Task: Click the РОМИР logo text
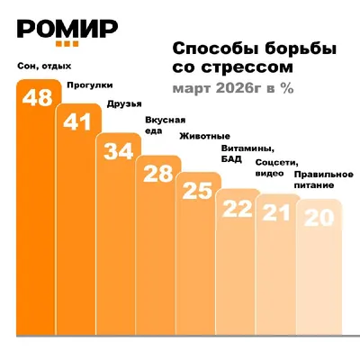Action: [x=67, y=29]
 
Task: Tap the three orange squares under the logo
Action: [x=67, y=44]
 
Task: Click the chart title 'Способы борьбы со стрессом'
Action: [x=254, y=58]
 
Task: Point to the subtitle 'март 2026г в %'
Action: [x=233, y=88]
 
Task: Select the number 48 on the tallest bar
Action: [x=38, y=97]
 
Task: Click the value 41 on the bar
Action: [x=77, y=121]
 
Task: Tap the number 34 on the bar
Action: [x=119, y=151]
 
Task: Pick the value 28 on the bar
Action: [x=158, y=174]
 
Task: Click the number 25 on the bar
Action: [x=197, y=191]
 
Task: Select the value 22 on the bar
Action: [x=237, y=209]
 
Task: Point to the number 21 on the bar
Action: [x=276, y=212]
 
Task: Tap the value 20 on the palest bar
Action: [x=319, y=218]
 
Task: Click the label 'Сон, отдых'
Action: [x=44, y=66]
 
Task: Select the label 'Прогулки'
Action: [x=90, y=85]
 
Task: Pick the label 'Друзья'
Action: [x=124, y=104]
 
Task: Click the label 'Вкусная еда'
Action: [x=166, y=125]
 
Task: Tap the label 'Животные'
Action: [x=205, y=136]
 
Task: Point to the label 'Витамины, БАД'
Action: [x=248, y=153]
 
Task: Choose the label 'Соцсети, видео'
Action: [x=277, y=167]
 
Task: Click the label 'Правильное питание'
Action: [x=324, y=180]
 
